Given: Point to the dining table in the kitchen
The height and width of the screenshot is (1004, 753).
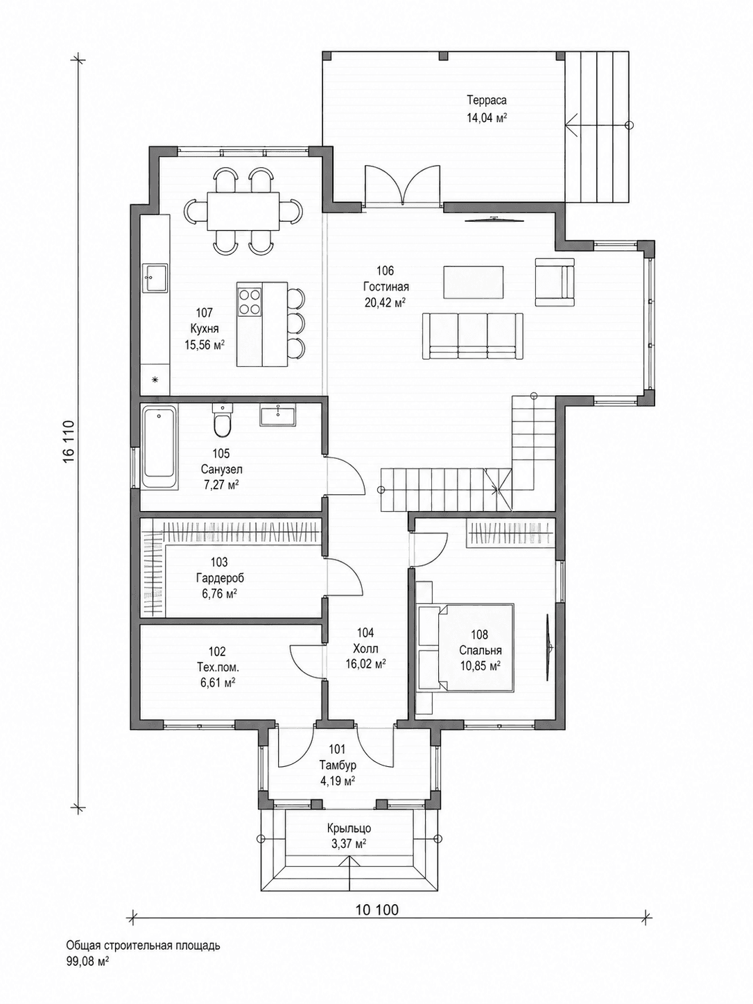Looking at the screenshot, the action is tap(243, 211).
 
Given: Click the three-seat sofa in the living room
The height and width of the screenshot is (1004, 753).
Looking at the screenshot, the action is tap(472, 336).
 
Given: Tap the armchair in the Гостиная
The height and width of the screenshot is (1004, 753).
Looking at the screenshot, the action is tap(555, 282).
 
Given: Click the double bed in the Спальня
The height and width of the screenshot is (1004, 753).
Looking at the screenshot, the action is tap(466, 648).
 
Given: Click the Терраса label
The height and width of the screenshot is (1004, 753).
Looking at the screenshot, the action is tap(487, 100).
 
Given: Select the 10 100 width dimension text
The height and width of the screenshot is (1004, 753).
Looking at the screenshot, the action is tap(376, 910).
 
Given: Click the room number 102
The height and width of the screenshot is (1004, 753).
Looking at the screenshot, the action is tap(217, 651).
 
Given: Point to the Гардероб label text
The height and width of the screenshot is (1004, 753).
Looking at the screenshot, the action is tap(220, 578).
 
